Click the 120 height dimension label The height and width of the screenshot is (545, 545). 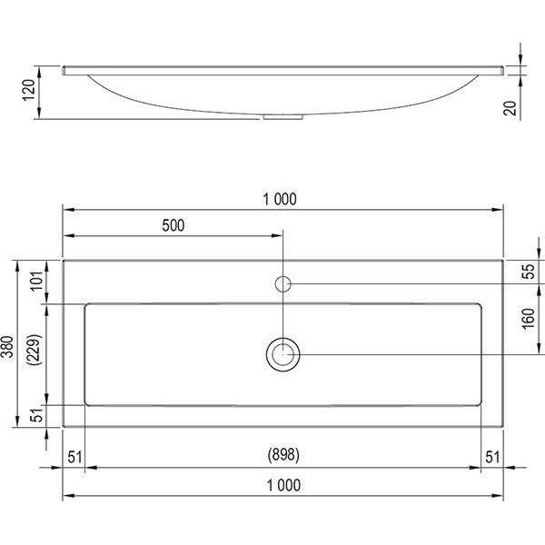pos(29,90)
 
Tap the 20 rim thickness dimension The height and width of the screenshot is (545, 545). pos(510,108)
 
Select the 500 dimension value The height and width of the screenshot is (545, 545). pos(173,225)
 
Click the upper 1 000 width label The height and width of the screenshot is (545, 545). pos(280,200)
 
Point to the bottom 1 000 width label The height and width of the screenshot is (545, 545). pos(283,485)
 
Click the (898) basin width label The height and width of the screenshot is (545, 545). pos(283,455)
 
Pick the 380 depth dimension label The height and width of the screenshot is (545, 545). pos(8,347)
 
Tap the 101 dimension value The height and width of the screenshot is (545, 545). pos(37,280)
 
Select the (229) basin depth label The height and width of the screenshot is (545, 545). pos(36,350)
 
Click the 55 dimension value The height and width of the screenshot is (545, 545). pos(528,272)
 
